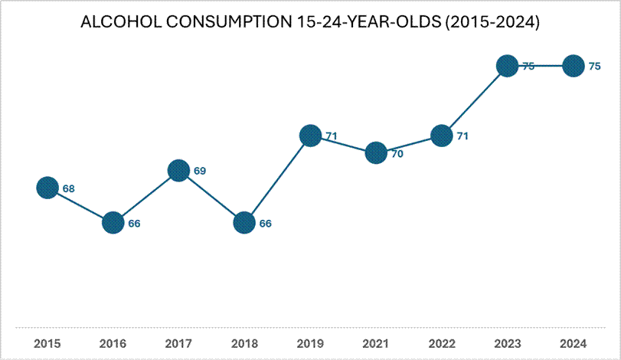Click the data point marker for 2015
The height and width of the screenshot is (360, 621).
pyautogui.click(x=47, y=188)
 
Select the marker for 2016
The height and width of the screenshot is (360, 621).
pyautogui.click(x=113, y=223)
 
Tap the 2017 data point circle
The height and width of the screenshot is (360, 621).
pyautogui.click(x=178, y=170)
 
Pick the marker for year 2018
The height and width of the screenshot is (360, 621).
pyautogui.click(x=244, y=223)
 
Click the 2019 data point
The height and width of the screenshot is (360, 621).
pyautogui.click(x=310, y=136)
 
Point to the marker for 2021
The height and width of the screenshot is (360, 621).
pyautogui.click(x=375, y=152)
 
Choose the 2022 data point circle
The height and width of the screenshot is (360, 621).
pyautogui.click(x=441, y=136)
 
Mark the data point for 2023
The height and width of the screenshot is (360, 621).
pyautogui.click(x=506, y=66)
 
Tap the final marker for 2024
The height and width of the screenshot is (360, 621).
pyautogui.click(x=572, y=66)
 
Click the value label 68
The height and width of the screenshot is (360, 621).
pyautogui.click(x=69, y=188)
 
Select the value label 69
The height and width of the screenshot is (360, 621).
pyautogui.click(x=200, y=171)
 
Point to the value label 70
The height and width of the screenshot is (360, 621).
pyautogui.click(x=397, y=153)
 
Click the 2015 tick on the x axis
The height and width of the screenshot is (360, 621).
pyautogui.click(x=47, y=343)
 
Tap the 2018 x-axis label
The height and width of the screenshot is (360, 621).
pyautogui.click(x=244, y=343)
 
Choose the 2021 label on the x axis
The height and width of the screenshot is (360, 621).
pyautogui.click(x=375, y=343)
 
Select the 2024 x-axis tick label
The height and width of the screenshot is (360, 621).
pyautogui.click(x=572, y=343)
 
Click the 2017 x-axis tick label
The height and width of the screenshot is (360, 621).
pyautogui.click(x=178, y=343)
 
